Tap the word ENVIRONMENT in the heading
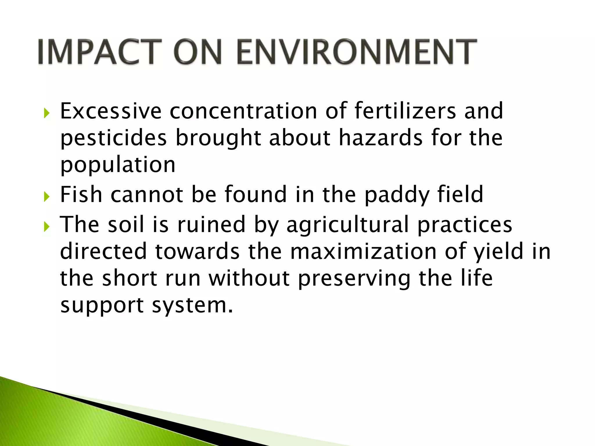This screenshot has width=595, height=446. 357,52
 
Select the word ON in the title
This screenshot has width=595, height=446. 198,52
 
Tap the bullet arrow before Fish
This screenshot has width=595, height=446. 47,197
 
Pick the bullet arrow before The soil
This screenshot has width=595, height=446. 47,227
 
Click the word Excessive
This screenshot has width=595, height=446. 111,111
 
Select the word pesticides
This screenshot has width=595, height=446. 114,138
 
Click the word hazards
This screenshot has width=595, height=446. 381,138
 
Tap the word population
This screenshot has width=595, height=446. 118,165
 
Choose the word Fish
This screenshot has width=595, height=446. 81,194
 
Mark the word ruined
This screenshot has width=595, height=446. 212,224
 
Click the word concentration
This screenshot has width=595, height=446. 243,111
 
